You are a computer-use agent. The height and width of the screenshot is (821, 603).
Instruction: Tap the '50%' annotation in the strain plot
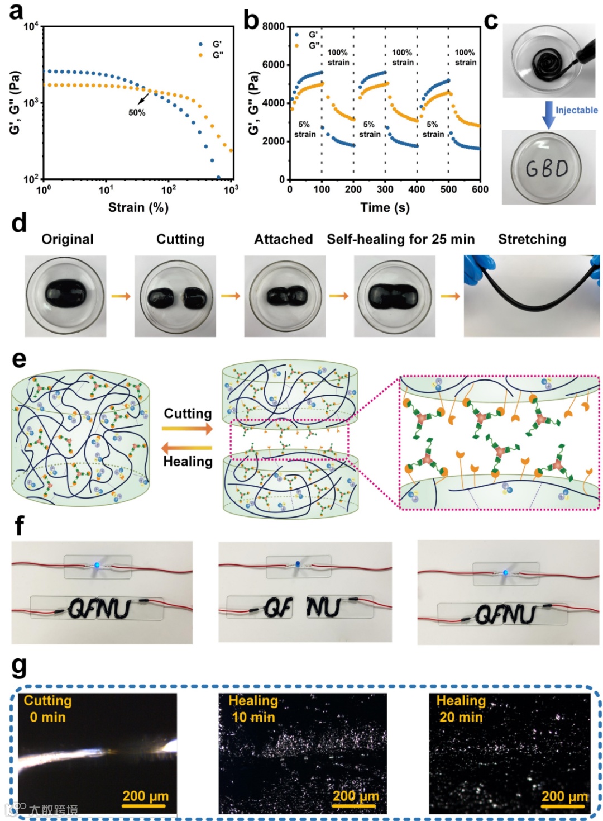tap(137, 112)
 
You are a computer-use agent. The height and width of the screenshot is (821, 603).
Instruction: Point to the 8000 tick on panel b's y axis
tap(274, 26)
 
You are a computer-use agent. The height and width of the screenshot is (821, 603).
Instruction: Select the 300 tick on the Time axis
tap(385, 189)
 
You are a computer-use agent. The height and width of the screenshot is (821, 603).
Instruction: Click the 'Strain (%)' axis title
tap(138, 208)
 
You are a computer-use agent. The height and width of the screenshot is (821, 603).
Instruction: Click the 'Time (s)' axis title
tap(385, 208)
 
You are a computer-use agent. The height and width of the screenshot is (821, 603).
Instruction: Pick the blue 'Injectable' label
tap(576, 110)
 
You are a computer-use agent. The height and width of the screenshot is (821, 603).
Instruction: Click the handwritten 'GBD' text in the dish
tap(547, 167)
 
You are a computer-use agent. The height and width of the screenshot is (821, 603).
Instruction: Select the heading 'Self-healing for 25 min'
tap(400, 239)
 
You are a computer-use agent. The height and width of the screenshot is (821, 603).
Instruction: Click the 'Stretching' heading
tap(532, 239)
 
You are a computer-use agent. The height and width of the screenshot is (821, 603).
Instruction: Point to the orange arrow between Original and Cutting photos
tap(121, 296)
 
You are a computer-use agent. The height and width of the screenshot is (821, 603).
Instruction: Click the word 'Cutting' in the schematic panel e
tap(188, 414)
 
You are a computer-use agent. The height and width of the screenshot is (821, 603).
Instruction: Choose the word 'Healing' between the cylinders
tap(188, 462)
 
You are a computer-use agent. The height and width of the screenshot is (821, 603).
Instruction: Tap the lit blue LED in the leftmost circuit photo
tap(97, 565)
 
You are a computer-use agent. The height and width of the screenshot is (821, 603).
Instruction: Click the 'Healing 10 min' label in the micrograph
tap(253, 709)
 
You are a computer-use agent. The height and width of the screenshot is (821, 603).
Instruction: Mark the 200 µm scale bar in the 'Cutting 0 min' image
tap(145, 805)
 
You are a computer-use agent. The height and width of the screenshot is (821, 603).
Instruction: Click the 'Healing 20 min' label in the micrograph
tap(461, 709)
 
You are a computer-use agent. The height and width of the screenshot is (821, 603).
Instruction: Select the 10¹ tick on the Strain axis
tap(106, 189)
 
